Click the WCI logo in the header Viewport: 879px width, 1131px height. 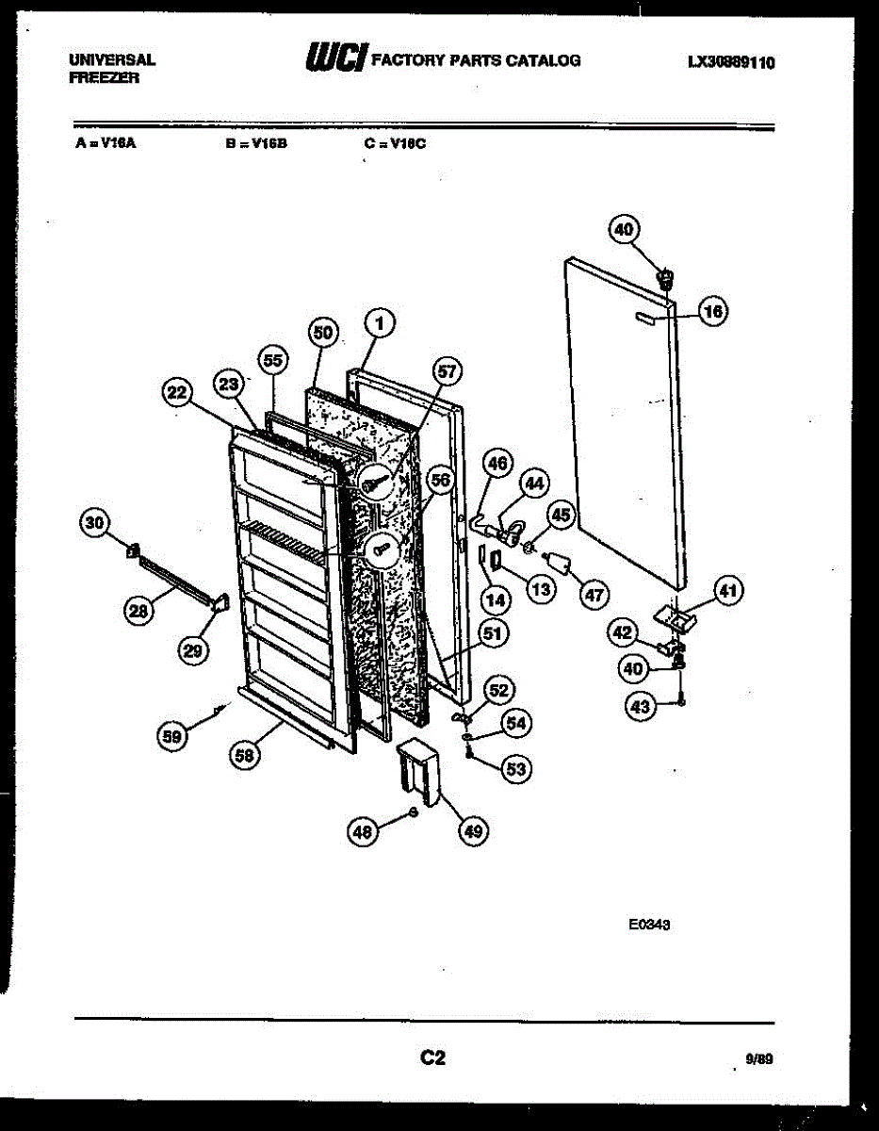coord(335,59)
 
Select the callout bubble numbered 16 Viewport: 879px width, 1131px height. coord(714,313)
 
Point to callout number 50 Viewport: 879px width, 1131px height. coord(323,332)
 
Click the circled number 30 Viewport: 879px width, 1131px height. coord(94,523)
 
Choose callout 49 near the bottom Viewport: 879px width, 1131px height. coord(474,830)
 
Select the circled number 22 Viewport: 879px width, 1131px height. coord(175,394)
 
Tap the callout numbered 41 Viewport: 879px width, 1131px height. coord(726,592)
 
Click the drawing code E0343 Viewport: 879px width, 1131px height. coord(649,926)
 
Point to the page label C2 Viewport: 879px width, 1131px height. coord(432,1057)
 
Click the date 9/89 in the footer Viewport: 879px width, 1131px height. coord(758,1059)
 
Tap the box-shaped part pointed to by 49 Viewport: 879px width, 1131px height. coord(417,767)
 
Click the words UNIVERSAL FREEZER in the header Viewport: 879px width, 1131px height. coord(111,69)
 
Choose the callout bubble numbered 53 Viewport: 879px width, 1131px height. coord(515,769)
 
